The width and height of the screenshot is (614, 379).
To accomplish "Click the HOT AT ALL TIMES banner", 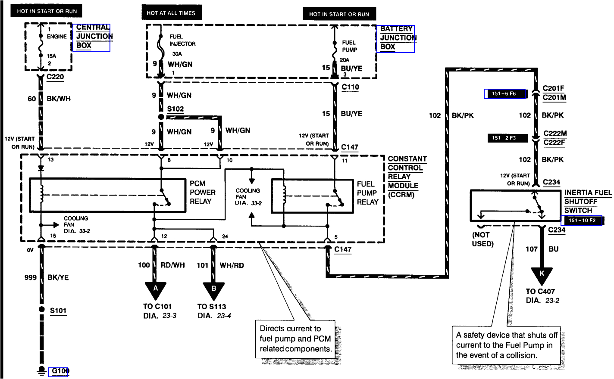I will pos(171,13).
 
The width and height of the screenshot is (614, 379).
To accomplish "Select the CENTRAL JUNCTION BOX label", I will pos(92,37).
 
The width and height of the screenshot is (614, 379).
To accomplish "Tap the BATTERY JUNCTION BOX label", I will pos(396,38).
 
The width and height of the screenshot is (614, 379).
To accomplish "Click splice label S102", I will pos(175,109).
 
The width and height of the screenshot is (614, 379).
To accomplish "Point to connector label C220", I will pos(55,77).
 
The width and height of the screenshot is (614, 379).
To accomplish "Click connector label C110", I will pos(350,87).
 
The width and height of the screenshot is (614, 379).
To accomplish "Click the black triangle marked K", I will pos(542,275).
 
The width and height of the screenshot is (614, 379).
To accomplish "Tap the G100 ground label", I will pos(59,371).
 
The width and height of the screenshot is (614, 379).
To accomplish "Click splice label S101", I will pos(58,311).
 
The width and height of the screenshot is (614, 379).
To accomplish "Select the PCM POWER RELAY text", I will pos(202,193).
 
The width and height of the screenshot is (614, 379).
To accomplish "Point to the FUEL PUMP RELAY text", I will pos(367,193).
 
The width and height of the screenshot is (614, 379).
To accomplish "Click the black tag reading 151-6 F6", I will pos(504,94).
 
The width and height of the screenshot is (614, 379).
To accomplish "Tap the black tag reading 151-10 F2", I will pos(582,221).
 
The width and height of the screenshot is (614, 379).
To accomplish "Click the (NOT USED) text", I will pos(482,239).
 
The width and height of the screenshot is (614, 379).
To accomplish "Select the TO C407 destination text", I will pos(540,292).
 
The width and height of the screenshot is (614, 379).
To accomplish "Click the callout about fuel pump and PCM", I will pos(296,339).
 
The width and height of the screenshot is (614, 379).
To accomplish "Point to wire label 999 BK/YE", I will pos(47,278).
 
